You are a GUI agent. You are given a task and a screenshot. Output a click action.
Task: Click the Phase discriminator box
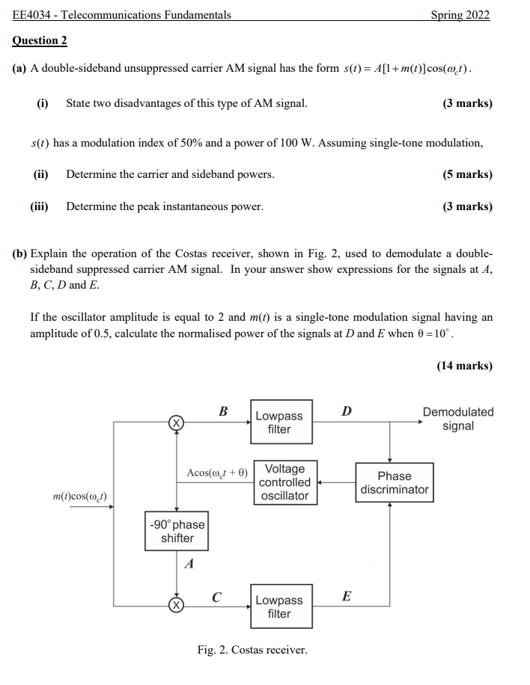(395, 482)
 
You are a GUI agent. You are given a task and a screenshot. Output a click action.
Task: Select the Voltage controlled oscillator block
(285, 482)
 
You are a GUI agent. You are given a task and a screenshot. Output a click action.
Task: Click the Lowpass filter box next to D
(280, 423)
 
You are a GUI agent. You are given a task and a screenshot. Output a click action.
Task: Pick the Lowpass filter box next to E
(280, 606)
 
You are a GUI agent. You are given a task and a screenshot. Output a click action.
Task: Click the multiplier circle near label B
(175, 423)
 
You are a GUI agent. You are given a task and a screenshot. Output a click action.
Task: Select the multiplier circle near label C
(175, 605)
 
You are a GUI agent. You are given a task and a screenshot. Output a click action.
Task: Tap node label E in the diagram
(346, 596)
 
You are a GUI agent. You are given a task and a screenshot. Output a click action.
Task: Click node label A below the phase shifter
(189, 565)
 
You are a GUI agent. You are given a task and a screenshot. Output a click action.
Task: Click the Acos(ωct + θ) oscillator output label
(216, 473)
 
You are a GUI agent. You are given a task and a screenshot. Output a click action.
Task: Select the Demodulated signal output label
(458, 419)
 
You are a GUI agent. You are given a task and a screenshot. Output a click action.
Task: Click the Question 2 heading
(40, 40)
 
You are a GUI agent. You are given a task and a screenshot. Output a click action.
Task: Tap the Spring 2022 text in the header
(460, 15)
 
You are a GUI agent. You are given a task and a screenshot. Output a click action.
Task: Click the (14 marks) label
(464, 366)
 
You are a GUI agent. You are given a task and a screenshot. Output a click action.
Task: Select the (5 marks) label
(467, 174)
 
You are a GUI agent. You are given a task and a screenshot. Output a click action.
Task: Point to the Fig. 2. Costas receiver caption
(252, 650)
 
